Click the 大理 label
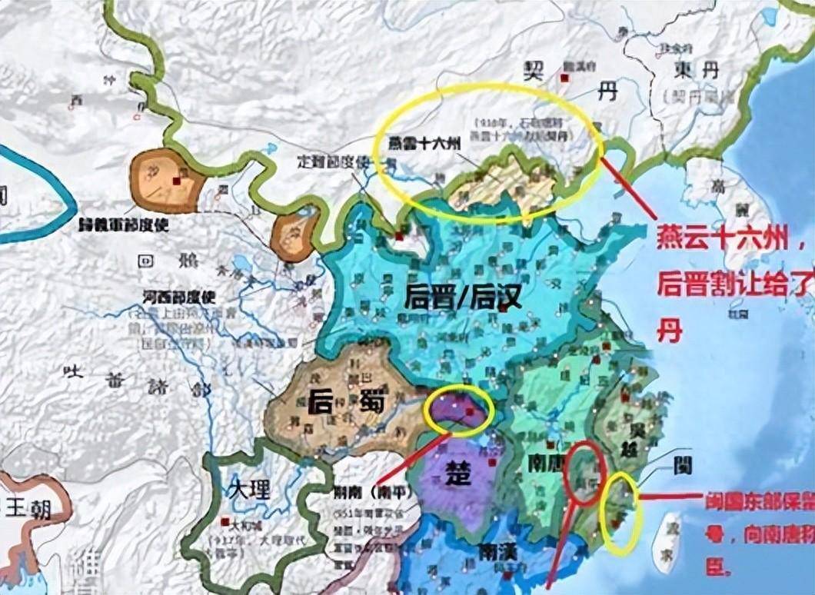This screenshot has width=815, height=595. coord(249,488)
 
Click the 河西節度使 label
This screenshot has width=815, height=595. coord(180,295)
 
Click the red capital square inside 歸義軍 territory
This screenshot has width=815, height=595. coord(176,181)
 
